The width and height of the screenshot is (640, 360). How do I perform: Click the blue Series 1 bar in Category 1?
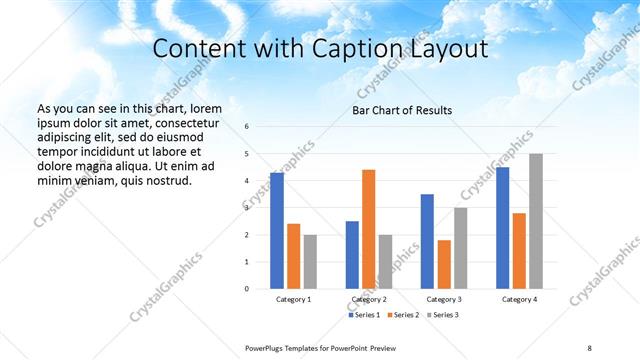277,231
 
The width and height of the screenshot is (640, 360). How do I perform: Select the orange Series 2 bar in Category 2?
368,229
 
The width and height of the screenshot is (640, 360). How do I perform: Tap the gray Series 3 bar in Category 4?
536,221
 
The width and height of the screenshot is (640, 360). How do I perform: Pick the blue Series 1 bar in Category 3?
427,241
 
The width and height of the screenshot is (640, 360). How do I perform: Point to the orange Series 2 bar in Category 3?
444,264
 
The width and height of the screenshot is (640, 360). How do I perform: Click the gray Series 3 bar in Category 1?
310,261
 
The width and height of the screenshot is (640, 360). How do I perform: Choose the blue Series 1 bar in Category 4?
502,228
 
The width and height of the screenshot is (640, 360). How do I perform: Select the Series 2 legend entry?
402,315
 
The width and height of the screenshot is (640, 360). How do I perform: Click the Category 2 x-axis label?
368,299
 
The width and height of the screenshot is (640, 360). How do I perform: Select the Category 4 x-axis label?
519,299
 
